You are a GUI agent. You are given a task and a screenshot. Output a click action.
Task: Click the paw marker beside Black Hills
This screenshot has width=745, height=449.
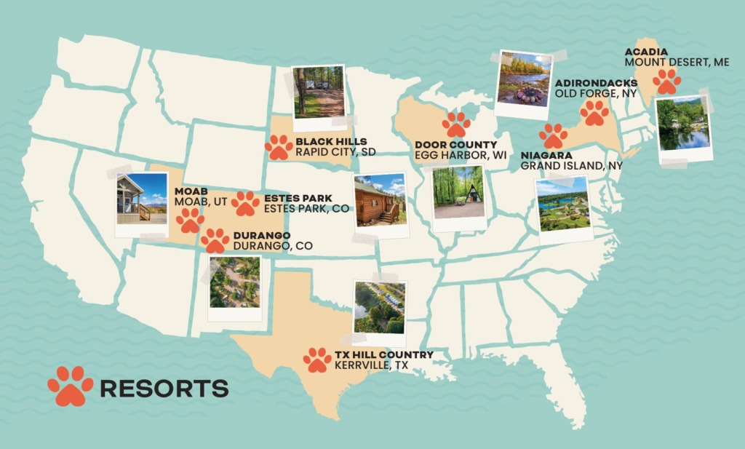(x=279, y=147)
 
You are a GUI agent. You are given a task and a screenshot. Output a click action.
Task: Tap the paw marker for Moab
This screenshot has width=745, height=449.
(x=190, y=219)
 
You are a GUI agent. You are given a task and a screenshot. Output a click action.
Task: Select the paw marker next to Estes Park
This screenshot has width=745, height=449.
(x=245, y=204)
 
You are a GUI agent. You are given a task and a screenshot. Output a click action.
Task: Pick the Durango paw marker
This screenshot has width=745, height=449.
(x=215, y=241)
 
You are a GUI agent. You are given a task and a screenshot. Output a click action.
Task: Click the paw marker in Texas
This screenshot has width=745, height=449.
(x=317, y=359)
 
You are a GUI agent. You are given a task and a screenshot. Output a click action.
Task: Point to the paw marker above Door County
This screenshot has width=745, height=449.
(x=456, y=124)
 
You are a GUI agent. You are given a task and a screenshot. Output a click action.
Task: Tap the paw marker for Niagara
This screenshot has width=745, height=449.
(x=553, y=136)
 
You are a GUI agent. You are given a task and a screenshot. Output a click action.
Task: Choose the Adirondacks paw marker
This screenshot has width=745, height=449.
(x=594, y=113)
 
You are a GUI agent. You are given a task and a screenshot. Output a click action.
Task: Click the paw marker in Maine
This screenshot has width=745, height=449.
(x=666, y=82)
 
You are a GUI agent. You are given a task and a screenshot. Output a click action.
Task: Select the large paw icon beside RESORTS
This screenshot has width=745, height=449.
(x=71, y=386)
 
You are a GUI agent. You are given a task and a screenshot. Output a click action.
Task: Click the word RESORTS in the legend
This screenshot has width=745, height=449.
(x=164, y=388)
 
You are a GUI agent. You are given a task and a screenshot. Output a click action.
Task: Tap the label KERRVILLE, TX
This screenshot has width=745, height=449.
(x=371, y=366)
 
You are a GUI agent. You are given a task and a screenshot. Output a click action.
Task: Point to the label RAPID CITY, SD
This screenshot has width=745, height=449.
(x=331, y=153)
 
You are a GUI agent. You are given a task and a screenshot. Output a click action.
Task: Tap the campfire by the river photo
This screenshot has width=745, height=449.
(x=523, y=80)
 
